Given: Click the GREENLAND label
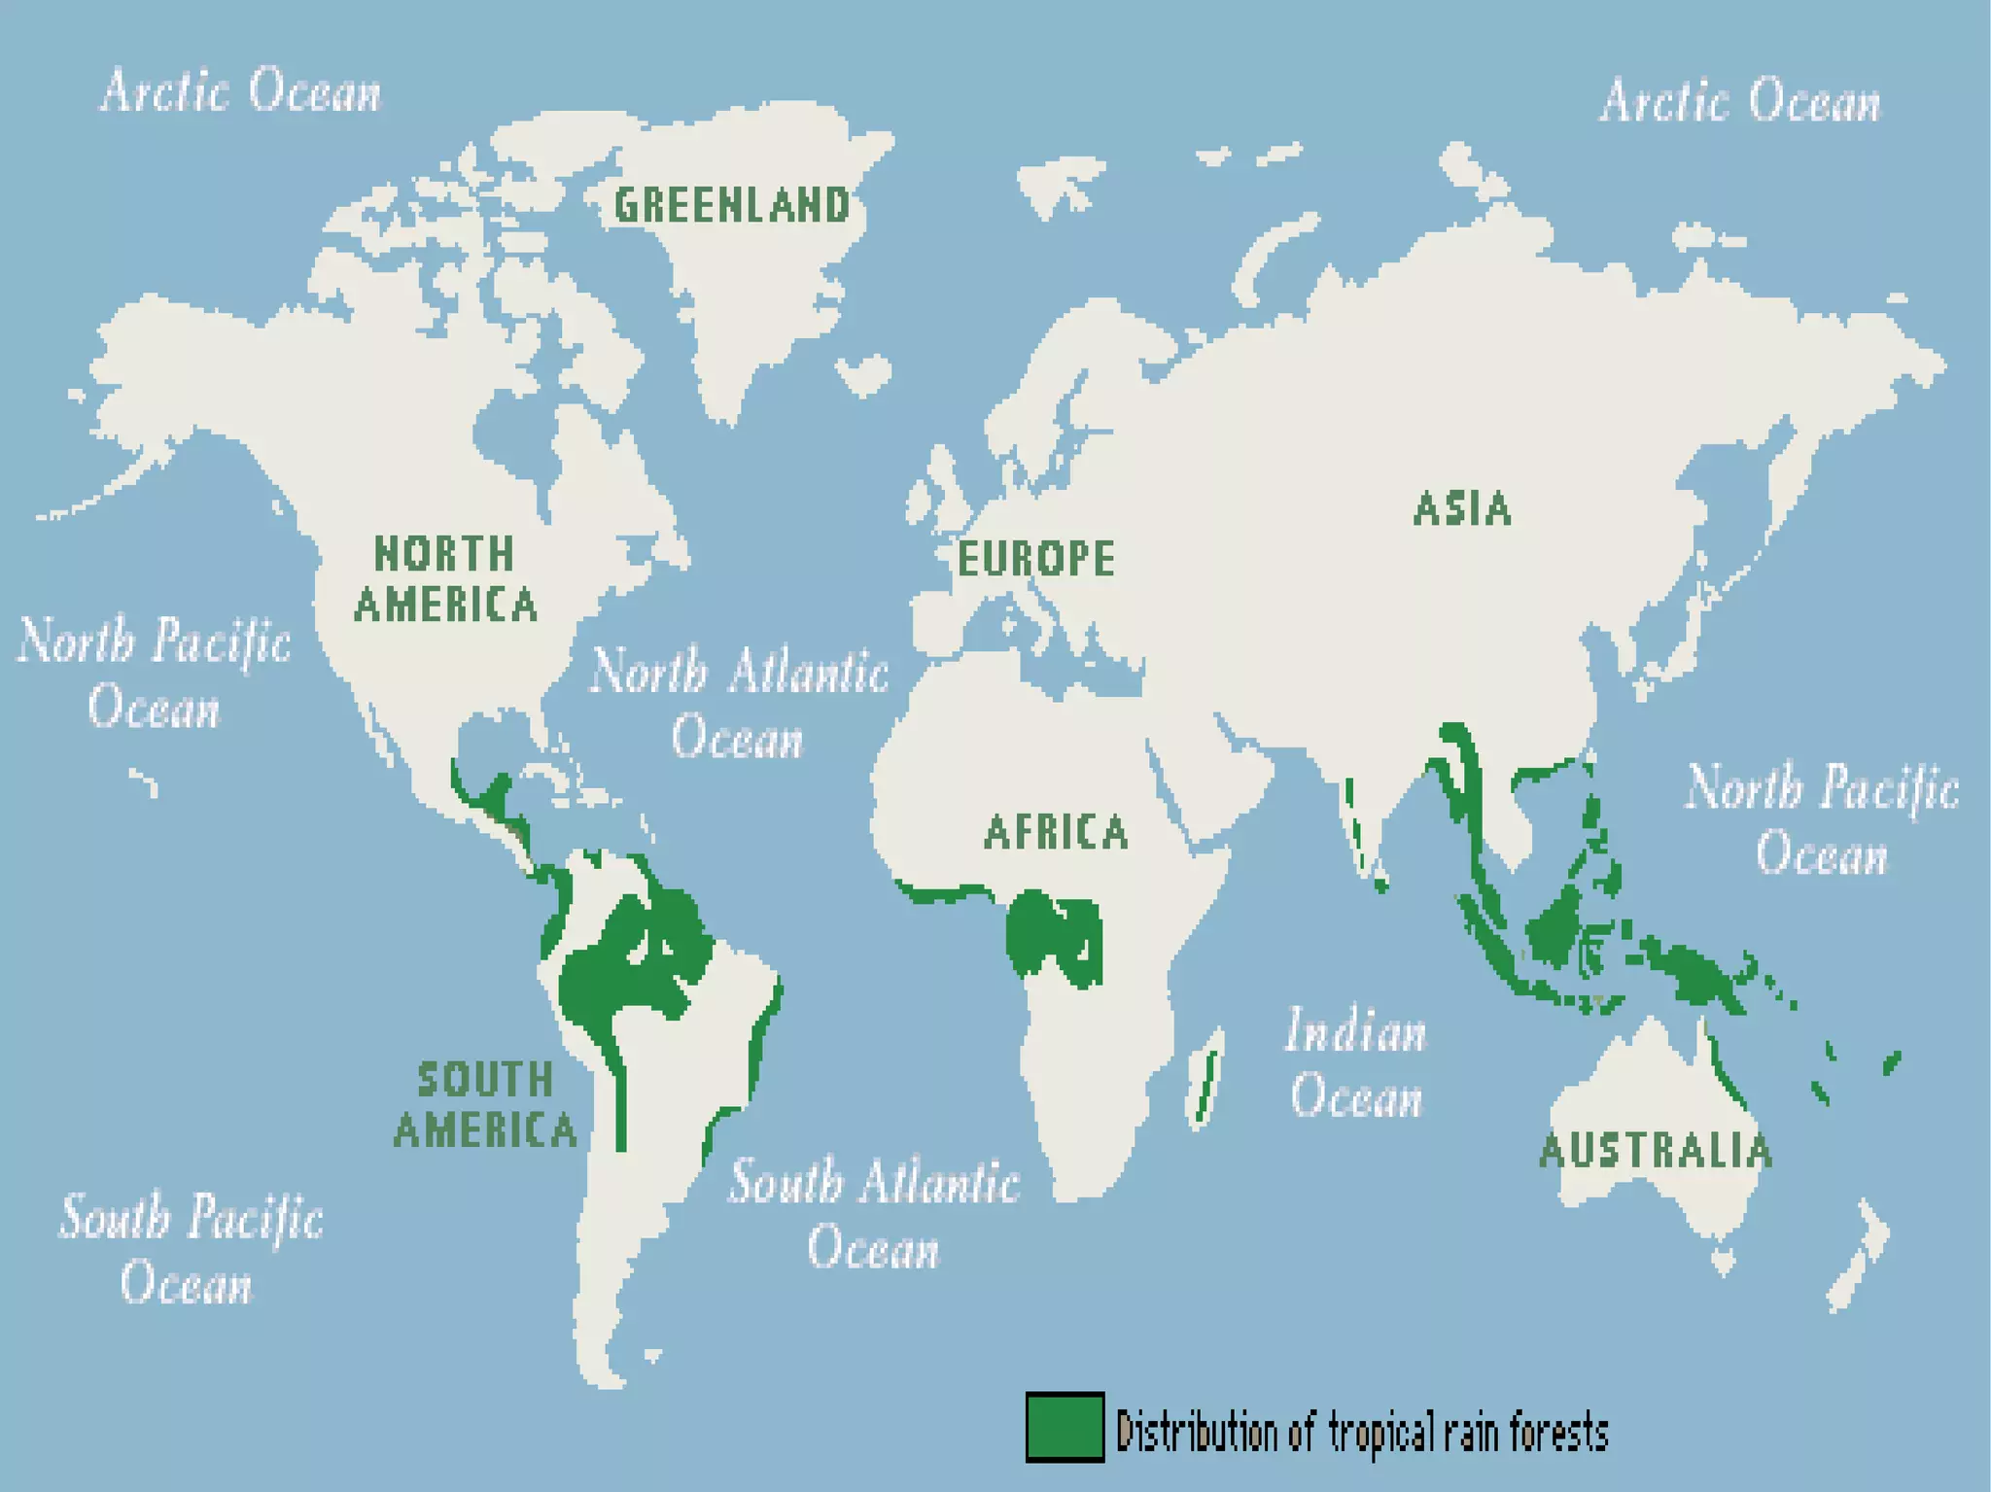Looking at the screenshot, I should click(x=732, y=205).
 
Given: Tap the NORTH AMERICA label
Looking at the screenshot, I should click(x=445, y=579).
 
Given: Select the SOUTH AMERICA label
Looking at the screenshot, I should click(x=485, y=1105).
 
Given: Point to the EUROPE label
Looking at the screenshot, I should click(x=1035, y=559).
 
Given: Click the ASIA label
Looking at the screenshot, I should click(x=1462, y=508).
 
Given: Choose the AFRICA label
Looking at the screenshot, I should click(x=1056, y=833).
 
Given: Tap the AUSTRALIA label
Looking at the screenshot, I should click(x=1656, y=1151).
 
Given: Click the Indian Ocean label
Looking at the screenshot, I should click(x=1356, y=1063).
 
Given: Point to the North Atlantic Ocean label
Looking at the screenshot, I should click(x=739, y=704).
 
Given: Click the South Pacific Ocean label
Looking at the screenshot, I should click(x=191, y=1250).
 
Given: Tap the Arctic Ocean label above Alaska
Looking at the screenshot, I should click(x=241, y=91).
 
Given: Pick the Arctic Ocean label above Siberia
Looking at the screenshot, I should click(x=1740, y=102).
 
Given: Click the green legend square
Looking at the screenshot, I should click(x=1065, y=1426).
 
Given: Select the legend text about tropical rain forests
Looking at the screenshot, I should click(x=1361, y=1432).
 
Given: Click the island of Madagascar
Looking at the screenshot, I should click(x=1205, y=1079).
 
